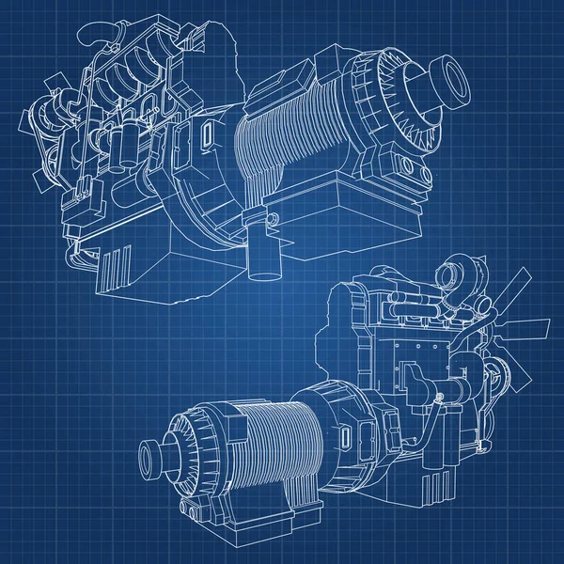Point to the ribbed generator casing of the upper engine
click(x=282, y=150)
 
